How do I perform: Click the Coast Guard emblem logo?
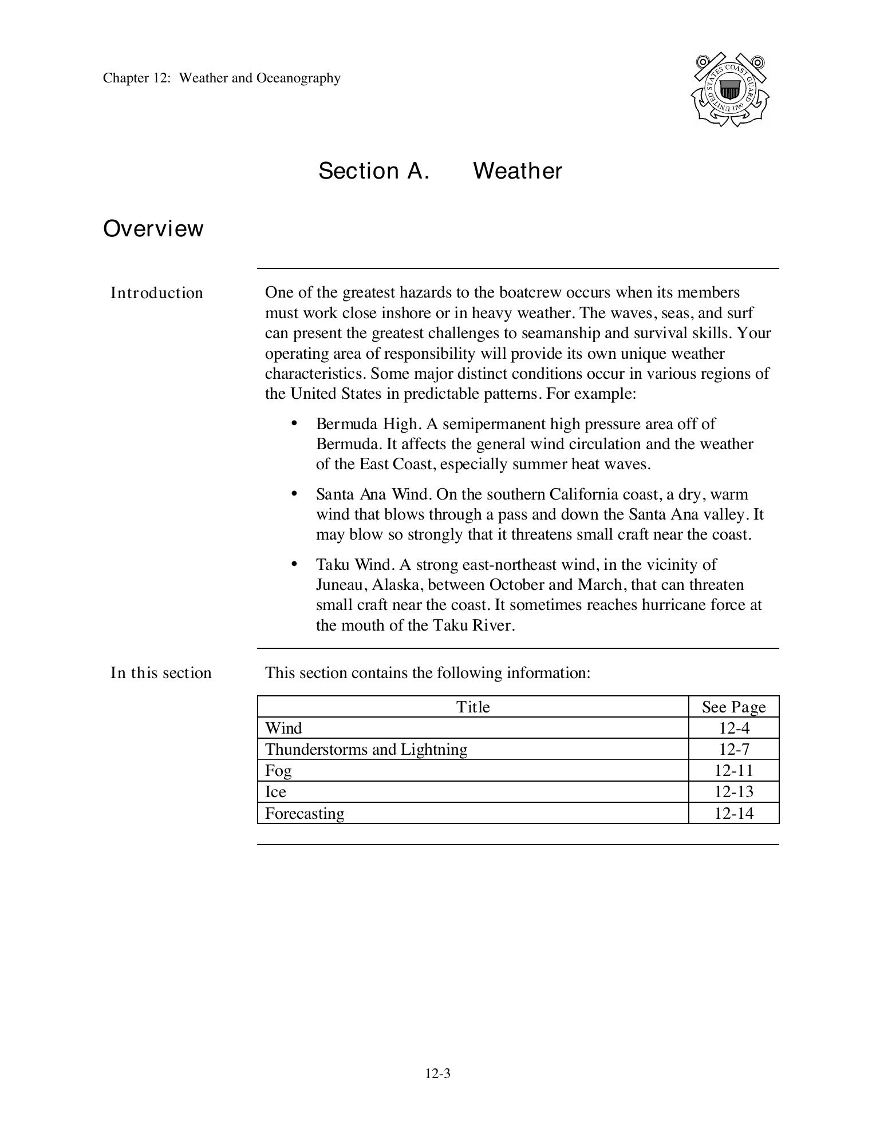click(729, 90)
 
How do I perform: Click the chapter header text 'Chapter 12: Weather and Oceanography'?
click(222, 78)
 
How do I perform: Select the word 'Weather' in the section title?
click(518, 171)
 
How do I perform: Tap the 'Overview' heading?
click(153, 229)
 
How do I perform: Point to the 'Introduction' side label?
click(156, 293)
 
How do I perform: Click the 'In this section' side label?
click(161, 673)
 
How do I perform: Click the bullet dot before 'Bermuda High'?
click(294, 423)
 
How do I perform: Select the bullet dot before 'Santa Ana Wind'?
click(294, 493)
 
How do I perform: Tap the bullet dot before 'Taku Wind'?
click(294, 564)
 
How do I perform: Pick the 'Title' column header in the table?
click(473, 707)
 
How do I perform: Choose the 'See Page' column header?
click(733, 707)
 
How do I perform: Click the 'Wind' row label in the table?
click(283, 728)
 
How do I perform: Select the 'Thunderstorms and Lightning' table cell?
click(366, 750)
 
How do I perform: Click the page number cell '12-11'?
click(733, 771)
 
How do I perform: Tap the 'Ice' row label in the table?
click(275, 792)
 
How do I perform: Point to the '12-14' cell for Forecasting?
click(733, 813)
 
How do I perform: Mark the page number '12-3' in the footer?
click(437, 1074)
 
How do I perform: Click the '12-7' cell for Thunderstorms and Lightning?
click(733, 750)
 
